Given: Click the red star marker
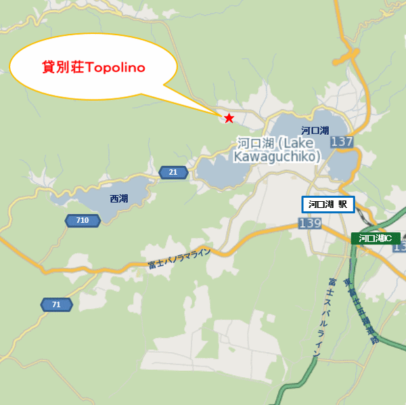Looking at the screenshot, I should pyautogui.click(x=229, y=118).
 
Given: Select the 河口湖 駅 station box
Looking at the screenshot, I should pyautogui.click(x=328, y=204).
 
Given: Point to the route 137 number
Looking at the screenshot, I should pyautogui.click(x=342, y=142).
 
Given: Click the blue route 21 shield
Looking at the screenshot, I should pyautogui.click(x=173, y=173).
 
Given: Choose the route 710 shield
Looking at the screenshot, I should pyautogui.click(x=83, y=220).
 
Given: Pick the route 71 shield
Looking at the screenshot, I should pyautogui.click(x=56, y=305).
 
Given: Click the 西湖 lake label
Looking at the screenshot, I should pyautogui.click(x=118, y=199).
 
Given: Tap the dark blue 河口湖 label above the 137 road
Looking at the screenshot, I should pyautogui.click(x=315, y=130).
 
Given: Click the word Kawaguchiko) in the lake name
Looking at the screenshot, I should pyautogui.click(x=277, y=157).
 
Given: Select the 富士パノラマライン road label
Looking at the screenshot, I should pyautogui.click(x=179, y=259).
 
